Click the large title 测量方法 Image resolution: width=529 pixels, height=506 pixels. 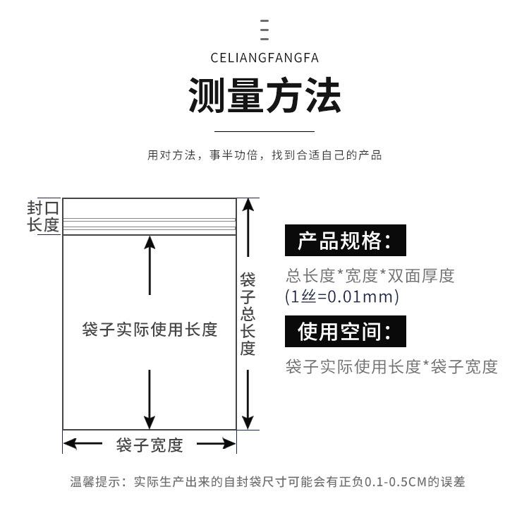(264, 96)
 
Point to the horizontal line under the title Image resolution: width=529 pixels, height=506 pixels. (264, 131)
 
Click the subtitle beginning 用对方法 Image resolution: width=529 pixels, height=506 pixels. (264, 155)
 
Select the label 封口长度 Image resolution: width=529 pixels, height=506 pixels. (43, 216)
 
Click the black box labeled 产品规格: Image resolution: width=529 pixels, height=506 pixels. (346, 241)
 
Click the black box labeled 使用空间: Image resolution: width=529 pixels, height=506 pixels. (346, 331)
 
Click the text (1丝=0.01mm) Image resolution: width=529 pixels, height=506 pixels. (342, 296)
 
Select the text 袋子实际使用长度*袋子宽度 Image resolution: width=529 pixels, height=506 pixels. (391, 367)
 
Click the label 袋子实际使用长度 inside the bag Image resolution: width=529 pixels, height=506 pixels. (150, 330)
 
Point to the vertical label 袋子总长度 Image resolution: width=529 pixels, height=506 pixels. (247, 313)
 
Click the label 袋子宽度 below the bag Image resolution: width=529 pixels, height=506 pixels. (150, 445)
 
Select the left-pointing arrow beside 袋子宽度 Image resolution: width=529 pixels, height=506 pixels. (83, 445)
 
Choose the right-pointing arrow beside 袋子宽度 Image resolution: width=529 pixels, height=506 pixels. (216, 445)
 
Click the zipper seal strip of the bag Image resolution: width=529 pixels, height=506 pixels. (150, 225)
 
